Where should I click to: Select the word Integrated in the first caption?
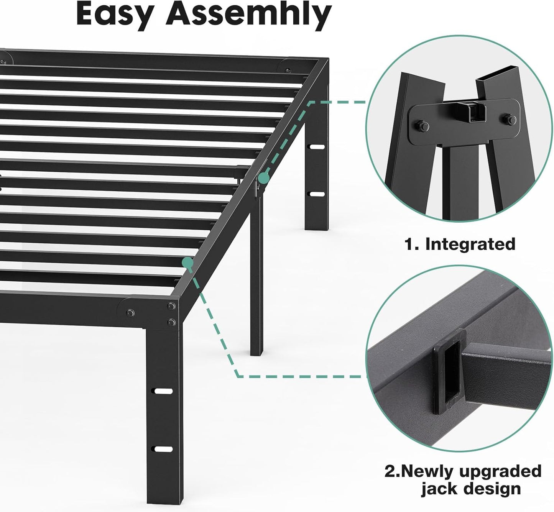pyautogui.click(x=470, y=244)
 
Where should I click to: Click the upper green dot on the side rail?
pyautogui.click(x=263, y=177)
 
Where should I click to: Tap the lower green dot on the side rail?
pyautogui.click(x=187, y=262)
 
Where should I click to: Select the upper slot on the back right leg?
pyautogui.click(x=316, y=147)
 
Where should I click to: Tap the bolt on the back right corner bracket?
pyautogui.click(x=288, y=70)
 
